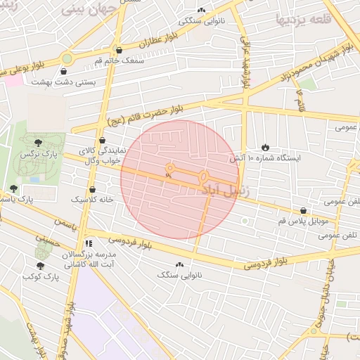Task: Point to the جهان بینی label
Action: (x=86, y=9)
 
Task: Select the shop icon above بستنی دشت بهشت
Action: (x=64, y=71)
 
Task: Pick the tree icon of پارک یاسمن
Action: (x=13, y=188)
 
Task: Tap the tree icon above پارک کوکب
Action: (x=39, y=266)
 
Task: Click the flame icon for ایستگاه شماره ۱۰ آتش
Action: (x=265, y=147)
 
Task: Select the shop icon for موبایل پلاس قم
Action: (x=303, y=210)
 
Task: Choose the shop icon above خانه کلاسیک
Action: (x=93, y=189)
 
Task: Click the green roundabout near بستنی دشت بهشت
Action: (x=67, y=59)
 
